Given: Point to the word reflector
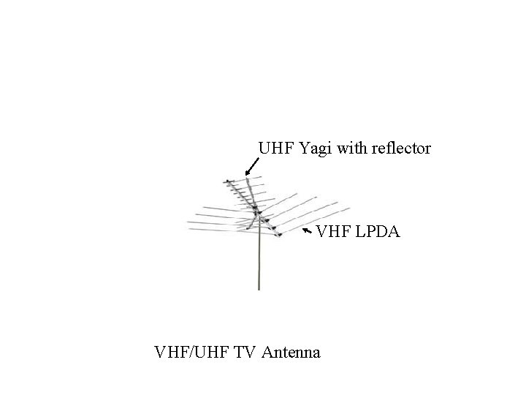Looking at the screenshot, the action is (401, 148).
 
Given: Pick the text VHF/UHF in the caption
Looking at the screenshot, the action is (196, 353).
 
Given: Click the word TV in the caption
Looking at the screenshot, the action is (248, 353).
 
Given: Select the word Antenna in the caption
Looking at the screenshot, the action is (291, 353).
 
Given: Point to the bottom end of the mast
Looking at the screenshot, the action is (258, 289).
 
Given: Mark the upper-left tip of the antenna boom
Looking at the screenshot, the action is (227, 181).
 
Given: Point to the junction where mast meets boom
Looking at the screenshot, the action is (257, 216).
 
